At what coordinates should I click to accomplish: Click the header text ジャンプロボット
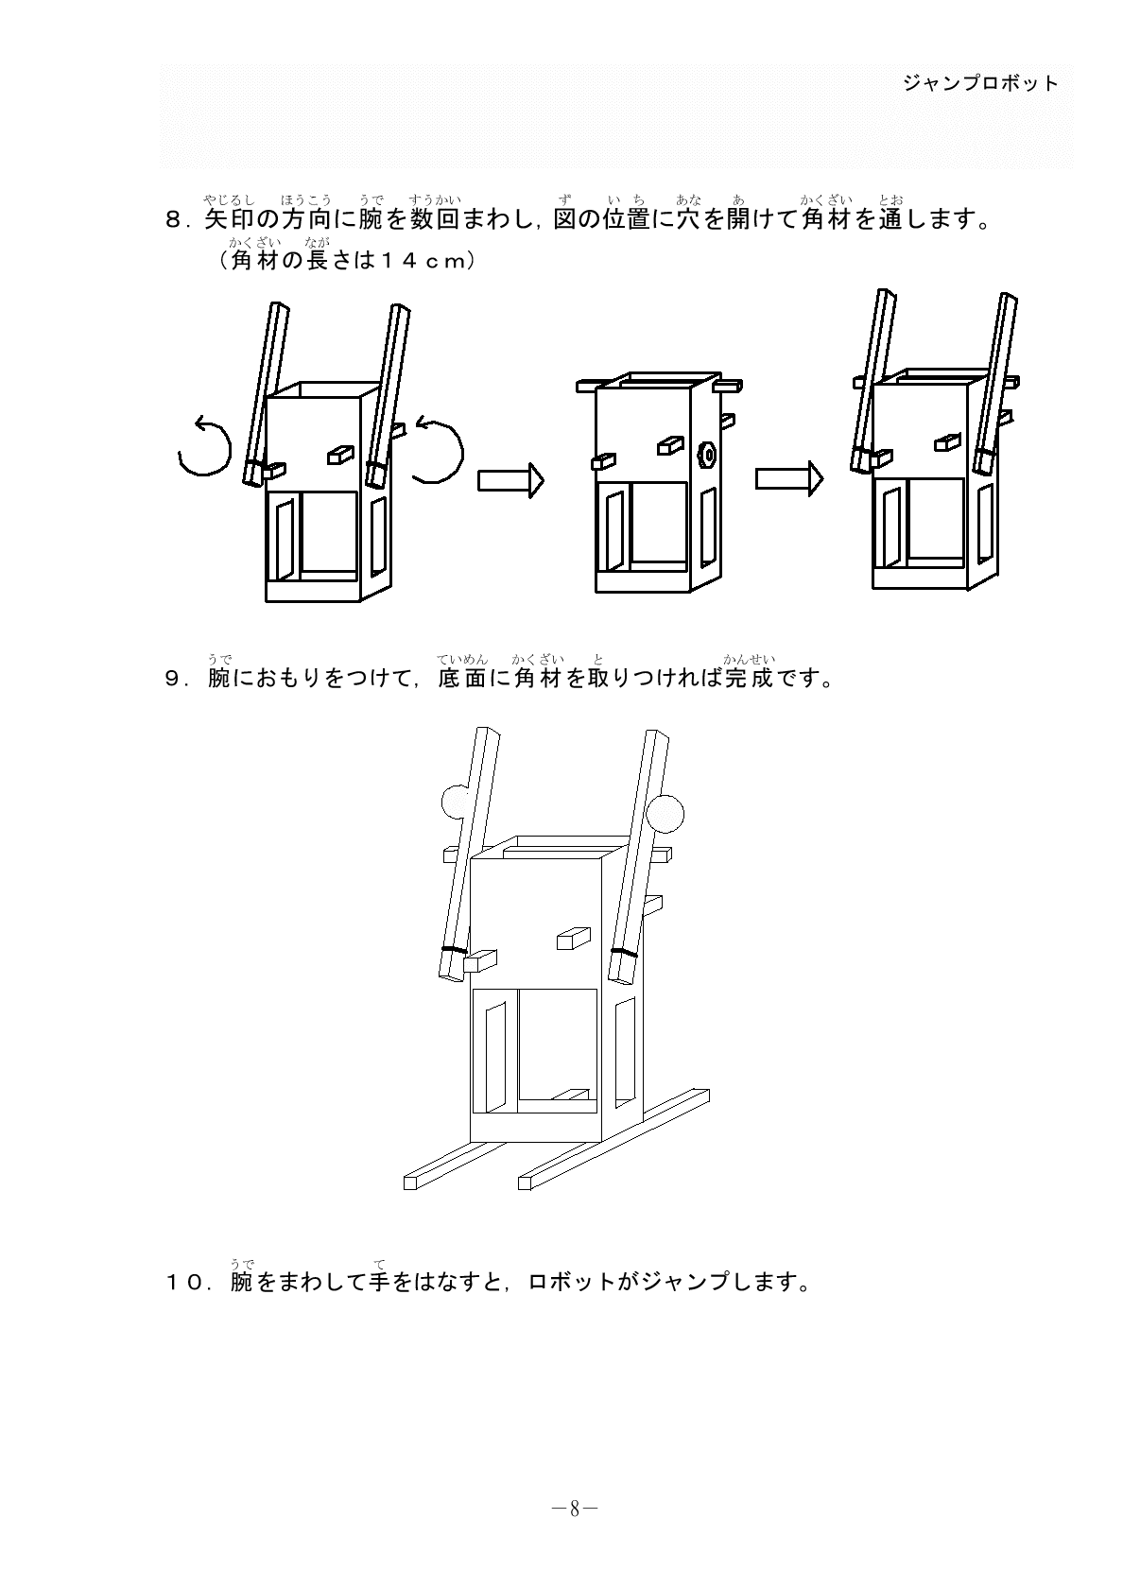tap(980, 83)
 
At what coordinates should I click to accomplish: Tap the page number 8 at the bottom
tap(574, 1510)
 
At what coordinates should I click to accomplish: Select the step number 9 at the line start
tap(173, 680)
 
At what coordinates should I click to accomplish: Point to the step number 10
tap(185, 1283)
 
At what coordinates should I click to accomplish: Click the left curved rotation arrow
tap(205, 447)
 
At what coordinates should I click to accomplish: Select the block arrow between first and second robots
tap(510, 480)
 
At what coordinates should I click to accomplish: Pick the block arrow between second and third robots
tap(788, 480)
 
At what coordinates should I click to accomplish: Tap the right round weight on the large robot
tap(666, 812)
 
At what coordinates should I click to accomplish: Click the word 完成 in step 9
tap(749, 680)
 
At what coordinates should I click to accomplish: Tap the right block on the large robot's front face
tap(573, 938)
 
